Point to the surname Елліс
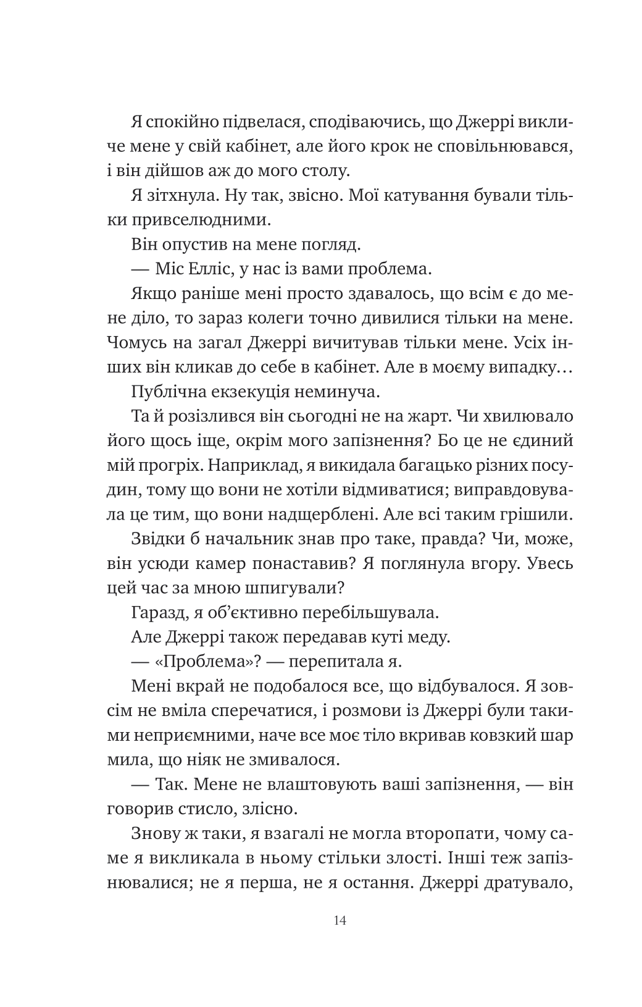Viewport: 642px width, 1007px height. pos(211,269)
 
